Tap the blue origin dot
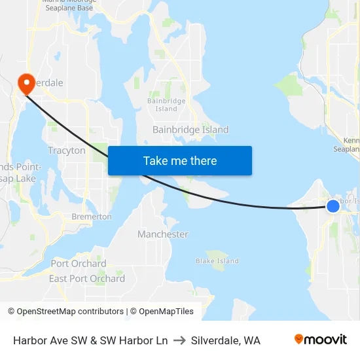(333, 206)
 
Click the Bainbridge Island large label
(190, 130)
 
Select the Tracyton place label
(67, 151)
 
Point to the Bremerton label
(92, 217)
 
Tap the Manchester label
(163, 234)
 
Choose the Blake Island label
(217, 261)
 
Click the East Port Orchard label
(87, 279)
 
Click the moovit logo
(321, 340)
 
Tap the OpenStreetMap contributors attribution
(66, 312)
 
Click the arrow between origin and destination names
(179, 340)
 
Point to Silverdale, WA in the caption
(226, 340)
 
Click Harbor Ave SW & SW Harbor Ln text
(90, 340)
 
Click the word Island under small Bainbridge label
(166, 109)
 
